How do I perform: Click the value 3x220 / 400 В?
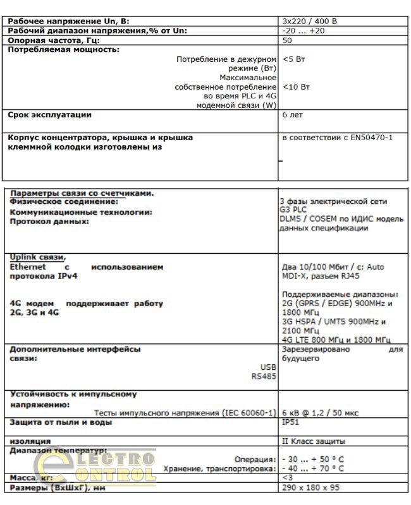(x=310, y=21)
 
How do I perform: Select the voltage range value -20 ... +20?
(x=304, y=30)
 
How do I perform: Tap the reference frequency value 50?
(x=288, y=40)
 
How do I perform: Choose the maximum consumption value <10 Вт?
(x=297, y=86)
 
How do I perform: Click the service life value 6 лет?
(x=292, y=116)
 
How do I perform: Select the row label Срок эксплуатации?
(x=49, y=115)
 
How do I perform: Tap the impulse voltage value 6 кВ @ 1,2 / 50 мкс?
(x=319, y=413)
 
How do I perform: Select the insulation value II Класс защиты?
(x=313, y=441)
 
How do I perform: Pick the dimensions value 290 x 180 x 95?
(x=311, y=488)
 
